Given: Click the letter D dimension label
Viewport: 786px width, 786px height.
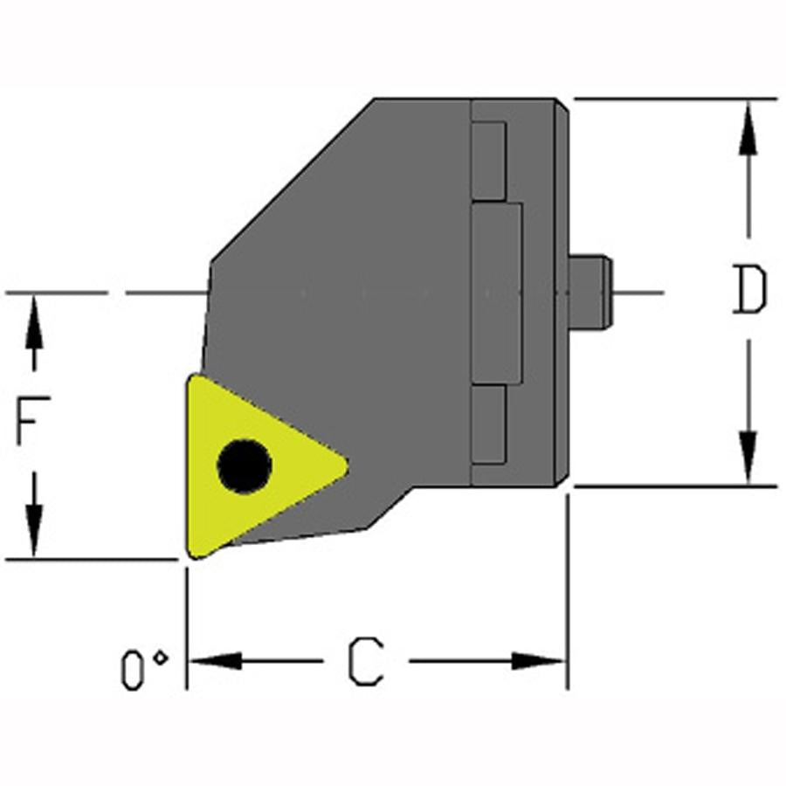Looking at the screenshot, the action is [749, 289].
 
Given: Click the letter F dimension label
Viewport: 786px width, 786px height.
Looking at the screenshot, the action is [33, 420].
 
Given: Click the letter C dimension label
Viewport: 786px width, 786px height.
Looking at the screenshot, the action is [366, 661].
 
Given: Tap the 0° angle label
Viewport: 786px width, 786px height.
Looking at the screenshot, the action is [144, 670].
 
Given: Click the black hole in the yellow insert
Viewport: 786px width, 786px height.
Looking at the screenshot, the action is [245, 465].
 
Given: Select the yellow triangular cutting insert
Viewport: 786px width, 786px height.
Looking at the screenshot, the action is [266, 466].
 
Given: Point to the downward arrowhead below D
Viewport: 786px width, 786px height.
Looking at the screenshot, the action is [748, 457].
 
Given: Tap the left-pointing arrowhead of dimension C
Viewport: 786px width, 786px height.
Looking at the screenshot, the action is [215, 661].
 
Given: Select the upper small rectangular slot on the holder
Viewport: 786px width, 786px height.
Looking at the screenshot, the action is [489, 161].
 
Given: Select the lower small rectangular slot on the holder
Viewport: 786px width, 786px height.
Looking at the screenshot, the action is [488, 424].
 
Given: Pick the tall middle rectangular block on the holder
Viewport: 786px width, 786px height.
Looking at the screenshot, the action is [497, 293].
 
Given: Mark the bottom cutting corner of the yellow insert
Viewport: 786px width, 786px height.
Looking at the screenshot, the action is [192, 555].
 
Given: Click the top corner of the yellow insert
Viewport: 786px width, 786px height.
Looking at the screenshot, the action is [191, 377].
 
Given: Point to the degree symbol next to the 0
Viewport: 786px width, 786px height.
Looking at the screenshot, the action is [161, 657].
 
